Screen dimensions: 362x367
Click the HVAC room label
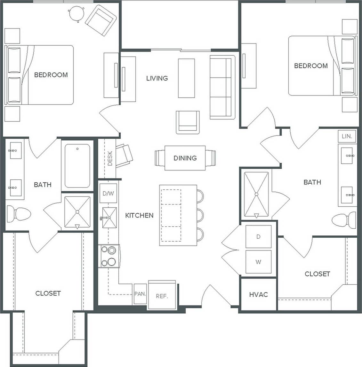(x=258, y=294)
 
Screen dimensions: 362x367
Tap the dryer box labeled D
(x=258, y=237)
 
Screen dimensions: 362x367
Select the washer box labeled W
(x=258, y=262)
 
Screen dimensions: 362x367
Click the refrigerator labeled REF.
(x=162, y=296)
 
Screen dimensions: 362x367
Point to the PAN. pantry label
(x=140, y=294)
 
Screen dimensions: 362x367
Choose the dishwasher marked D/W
(x=108, y=194)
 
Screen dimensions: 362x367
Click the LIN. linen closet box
(x=347, y=136)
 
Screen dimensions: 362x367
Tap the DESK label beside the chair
(x=110, y=158)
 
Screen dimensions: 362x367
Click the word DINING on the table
(x=185, y=158)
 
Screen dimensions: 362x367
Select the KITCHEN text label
(x=139, y=215)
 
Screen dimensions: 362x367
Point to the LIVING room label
(x=157, y=78)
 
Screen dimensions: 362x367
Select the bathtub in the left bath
(x=77, y=165)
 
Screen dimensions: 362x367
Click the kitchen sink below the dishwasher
(x=109, y=218)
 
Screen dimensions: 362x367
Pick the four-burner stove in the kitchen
(x=109, y=256)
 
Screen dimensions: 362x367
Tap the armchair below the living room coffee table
(x=188, y=122)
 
